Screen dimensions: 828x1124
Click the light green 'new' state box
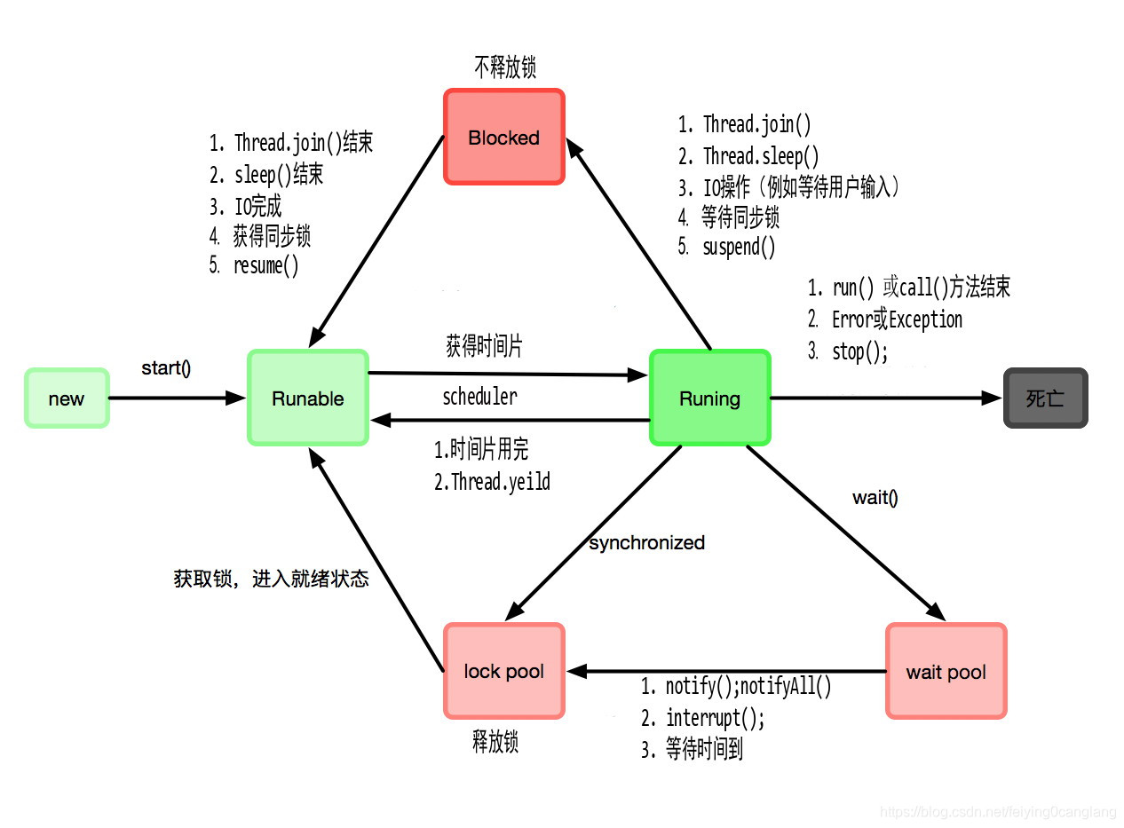[67, 398]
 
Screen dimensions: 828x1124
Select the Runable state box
[307, 398]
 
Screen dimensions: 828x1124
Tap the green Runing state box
[709, 398]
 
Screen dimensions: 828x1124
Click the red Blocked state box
[503, 138]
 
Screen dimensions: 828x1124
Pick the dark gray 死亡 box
[1045, 398]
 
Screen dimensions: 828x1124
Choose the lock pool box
[503, 671]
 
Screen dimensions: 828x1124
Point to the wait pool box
[946, 672]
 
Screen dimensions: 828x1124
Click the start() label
[166, 367]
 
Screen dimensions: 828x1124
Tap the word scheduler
[479, 397]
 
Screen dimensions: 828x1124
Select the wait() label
[875, 497]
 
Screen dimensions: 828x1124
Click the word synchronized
[646, 542]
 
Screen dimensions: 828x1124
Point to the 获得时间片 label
[484, 346]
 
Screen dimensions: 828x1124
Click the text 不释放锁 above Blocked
[505, 67]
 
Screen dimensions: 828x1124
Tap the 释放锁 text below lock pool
[495, 742]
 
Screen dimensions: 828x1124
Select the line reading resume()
[265, 265]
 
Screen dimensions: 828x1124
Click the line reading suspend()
[739, 247]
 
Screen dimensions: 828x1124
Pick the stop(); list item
[859, 351]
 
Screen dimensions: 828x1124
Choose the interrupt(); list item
[715, 717]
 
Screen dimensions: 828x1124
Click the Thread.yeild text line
[500, 482]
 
